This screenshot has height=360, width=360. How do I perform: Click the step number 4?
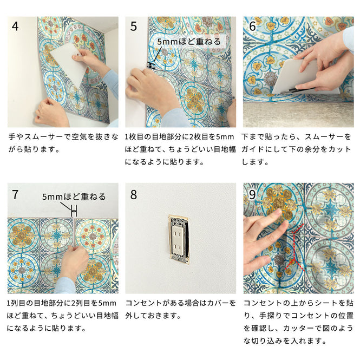[x=15, y=27]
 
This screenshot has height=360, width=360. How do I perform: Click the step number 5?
[x=134, y=27]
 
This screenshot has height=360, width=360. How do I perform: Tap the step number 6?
[x=252, y=27]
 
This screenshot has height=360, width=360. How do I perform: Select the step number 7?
[x=15, y=194]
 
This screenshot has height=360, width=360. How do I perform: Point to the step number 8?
[x=134, y=194]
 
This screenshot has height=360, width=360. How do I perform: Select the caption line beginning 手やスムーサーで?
[x=62, y=137]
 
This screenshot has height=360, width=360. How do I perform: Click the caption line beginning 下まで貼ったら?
[x=297, y=137]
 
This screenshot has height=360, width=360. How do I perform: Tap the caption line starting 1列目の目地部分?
[x=62, y=303]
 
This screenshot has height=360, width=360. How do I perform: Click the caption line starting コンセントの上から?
[x=297, y=303]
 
